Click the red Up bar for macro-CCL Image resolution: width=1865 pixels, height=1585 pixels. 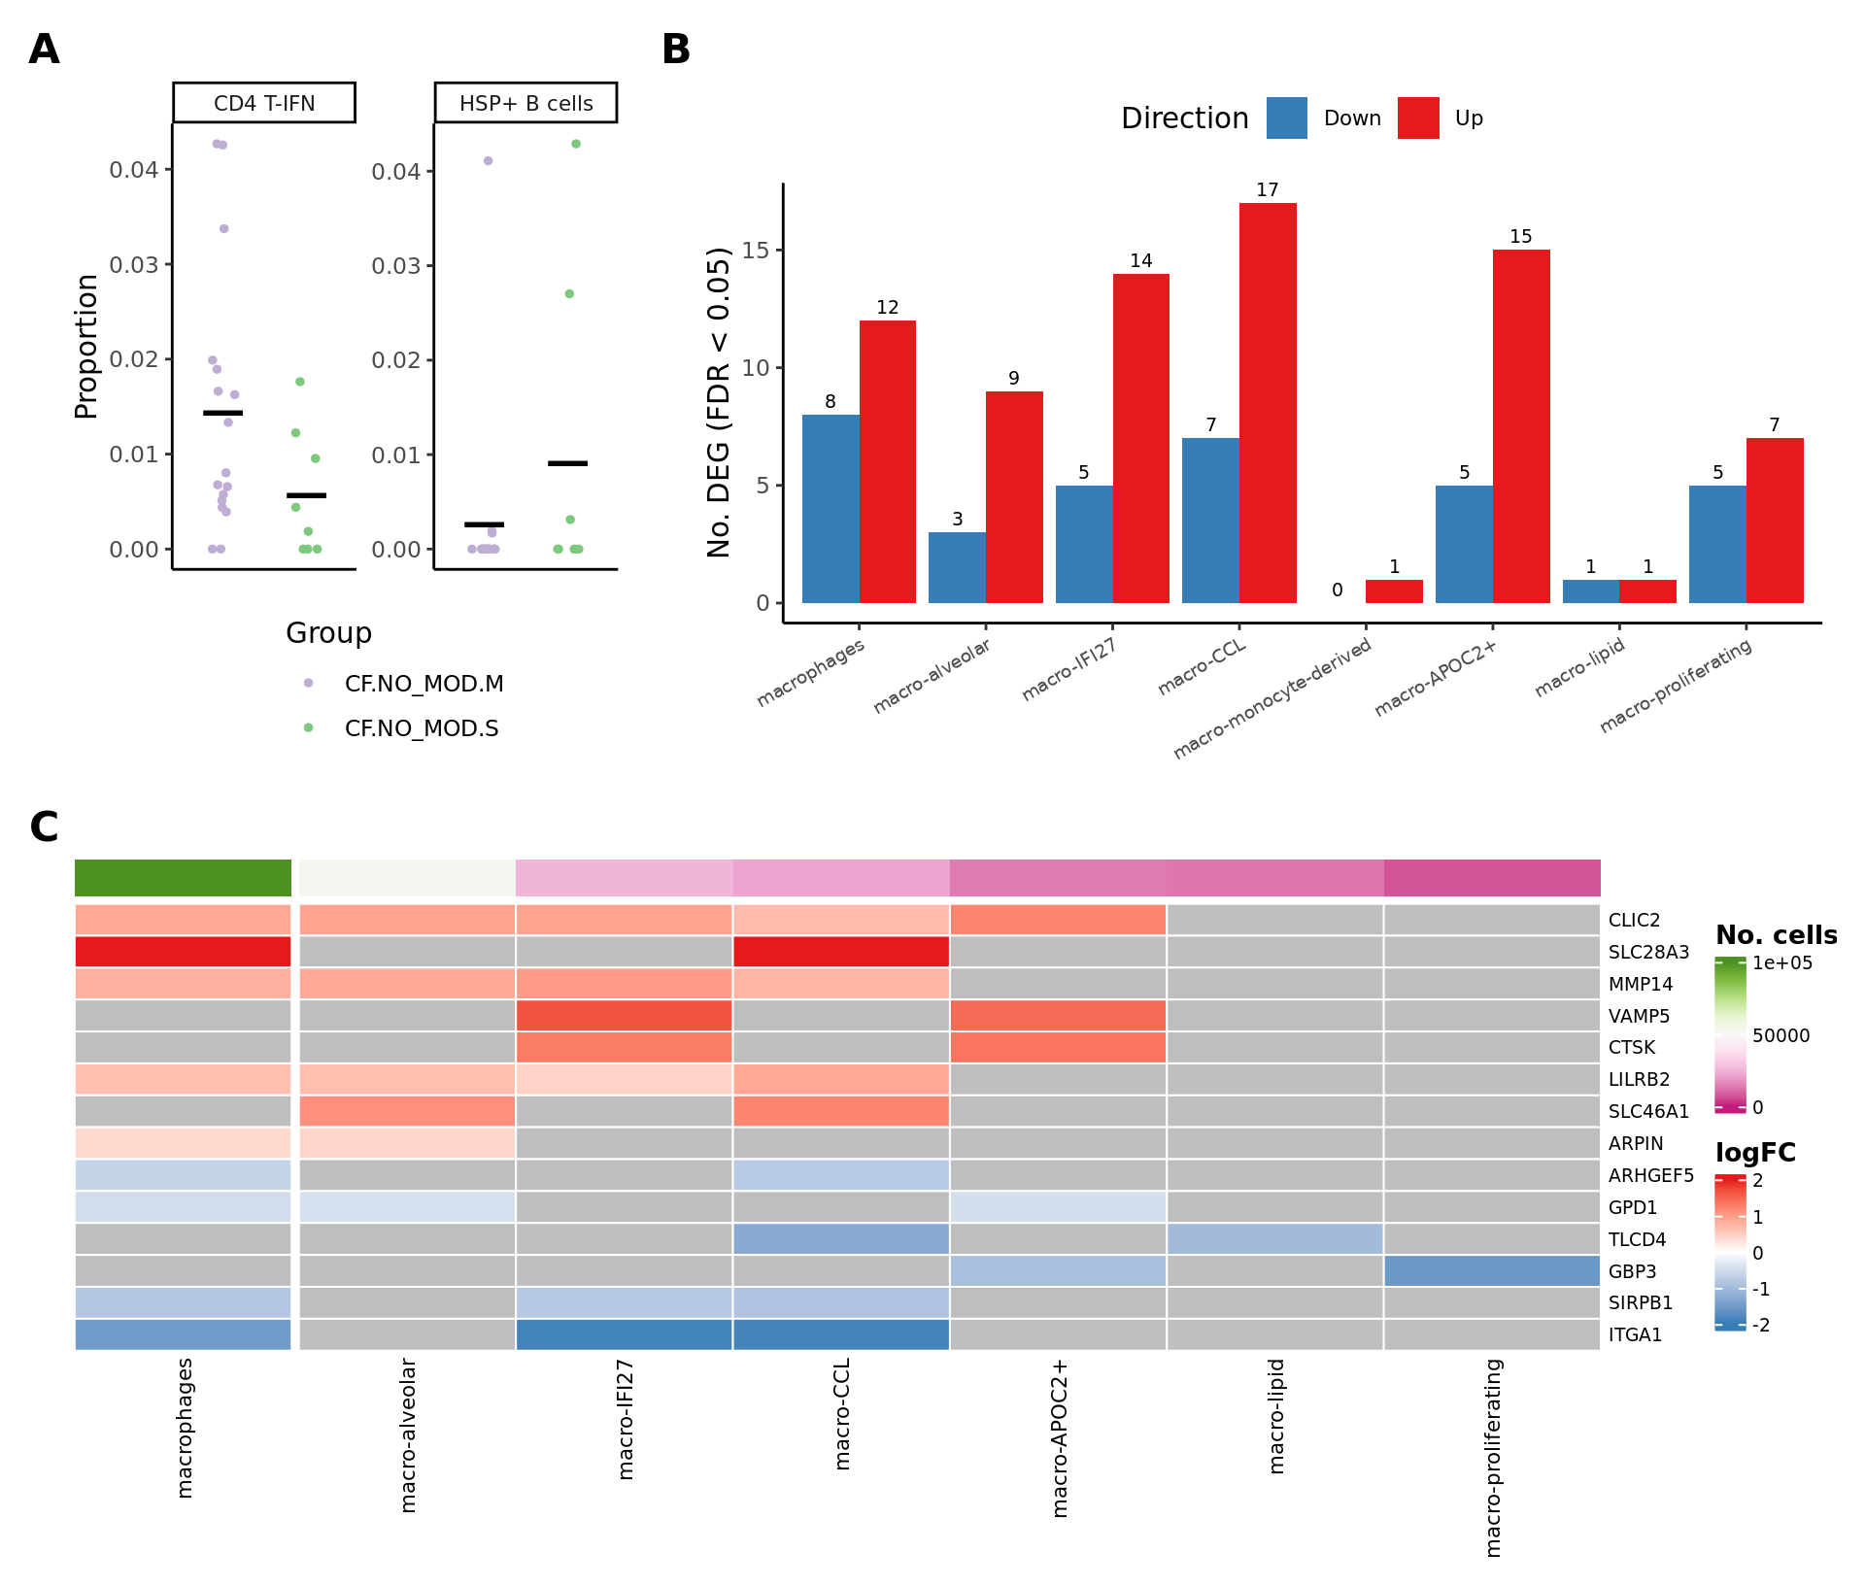(x=1268, y=403)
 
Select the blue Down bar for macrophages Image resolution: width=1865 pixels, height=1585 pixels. (x=831, y=509)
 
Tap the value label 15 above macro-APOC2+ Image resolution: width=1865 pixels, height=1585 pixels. (x=1520, y=237)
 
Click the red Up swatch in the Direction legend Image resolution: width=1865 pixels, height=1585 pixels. (x=1418, y=118)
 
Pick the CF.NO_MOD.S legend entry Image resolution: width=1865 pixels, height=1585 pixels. (x=421, y=728)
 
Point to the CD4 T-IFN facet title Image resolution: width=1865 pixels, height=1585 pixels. (x=264, y=103)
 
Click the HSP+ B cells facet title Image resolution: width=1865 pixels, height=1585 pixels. (x=526, y=103)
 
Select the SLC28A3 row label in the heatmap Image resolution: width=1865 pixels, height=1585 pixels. (x=1648, y=953)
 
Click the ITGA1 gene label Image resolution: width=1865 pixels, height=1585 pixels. (x=1635, y=1335)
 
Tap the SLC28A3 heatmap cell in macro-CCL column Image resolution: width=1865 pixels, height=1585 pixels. (x=841, y=952)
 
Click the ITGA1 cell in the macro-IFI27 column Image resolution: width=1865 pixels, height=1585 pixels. (x=625, y=1334)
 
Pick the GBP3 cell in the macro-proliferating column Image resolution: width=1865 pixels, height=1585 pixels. (x=1492, y=1270)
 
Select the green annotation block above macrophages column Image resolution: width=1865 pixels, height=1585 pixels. (x=184, y=878)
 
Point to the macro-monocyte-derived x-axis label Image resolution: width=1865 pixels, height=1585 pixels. (x=1272, y=699)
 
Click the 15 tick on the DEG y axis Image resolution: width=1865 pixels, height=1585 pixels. (x=755, y=251)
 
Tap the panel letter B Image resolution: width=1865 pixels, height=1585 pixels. (x=676, y=50)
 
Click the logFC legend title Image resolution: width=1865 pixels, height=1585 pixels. (x=1755, y=1153)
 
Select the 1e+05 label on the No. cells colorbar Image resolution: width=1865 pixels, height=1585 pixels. (x=1782, y=963)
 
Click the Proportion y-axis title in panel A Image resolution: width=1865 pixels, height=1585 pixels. (x=86, y=347)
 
